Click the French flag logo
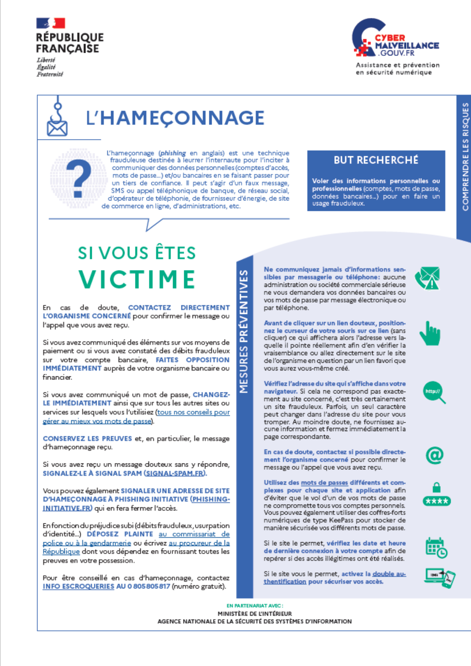click(51, 23)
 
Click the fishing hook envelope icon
click(57, 118)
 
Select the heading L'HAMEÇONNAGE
click(175, 118)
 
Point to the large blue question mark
click(79, 178)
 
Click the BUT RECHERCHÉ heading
click(376, 160)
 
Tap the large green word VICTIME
click(137, 279)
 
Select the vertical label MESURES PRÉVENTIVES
click(244, 331)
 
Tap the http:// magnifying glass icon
click(434, 392)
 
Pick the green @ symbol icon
click(434, 455)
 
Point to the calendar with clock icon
click(436, 547)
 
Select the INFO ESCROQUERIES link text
click(78, 586)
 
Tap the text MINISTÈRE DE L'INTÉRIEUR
click(254, 614)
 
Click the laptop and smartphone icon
click(439, 578)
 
